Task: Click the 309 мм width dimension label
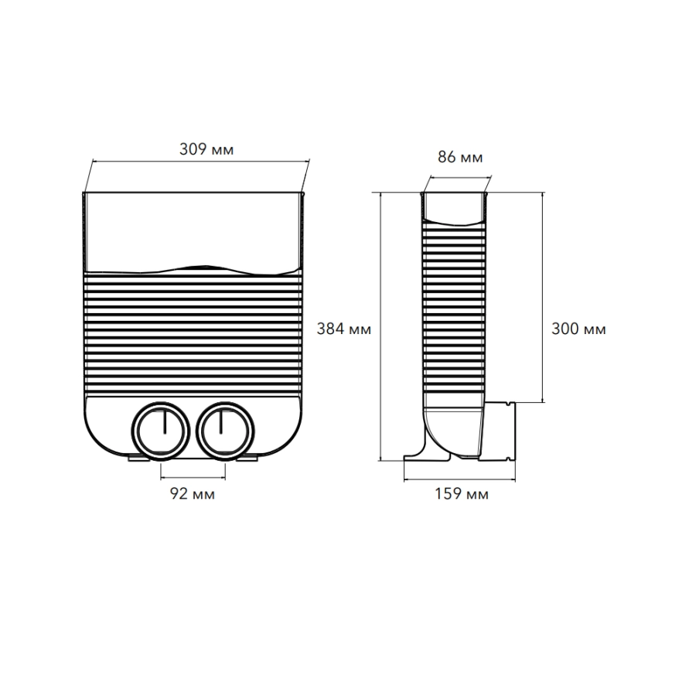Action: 206,149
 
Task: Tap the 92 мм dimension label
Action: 193,493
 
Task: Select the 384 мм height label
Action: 344,329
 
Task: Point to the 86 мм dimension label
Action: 460,157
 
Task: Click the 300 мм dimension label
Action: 578,329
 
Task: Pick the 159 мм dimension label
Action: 462,494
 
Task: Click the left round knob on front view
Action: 161,431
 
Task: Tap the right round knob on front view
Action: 225,431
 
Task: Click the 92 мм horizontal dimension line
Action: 193,478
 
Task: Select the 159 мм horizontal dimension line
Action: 459,479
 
